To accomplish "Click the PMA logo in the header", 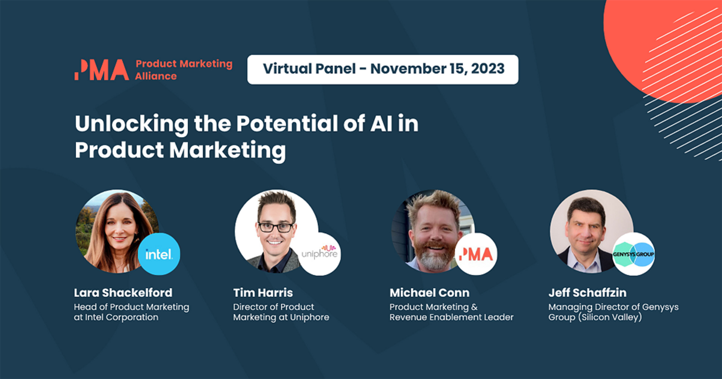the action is [x=102, y=70].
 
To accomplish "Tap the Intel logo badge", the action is [x=159, y=254].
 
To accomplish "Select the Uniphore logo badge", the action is [x=319, y=254].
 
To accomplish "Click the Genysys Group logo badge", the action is [x=633, y=254].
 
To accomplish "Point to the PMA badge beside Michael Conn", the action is [x=476, y=254].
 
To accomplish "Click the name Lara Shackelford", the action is [x=123, y=293].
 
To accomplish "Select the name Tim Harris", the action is [x=263, y=293].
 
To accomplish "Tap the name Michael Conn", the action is [x=429, y=293].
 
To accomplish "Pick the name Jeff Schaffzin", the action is [x=587, y=293].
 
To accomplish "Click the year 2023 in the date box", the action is [x=488, y=69].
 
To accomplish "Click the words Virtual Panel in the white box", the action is [x=309, y=69].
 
